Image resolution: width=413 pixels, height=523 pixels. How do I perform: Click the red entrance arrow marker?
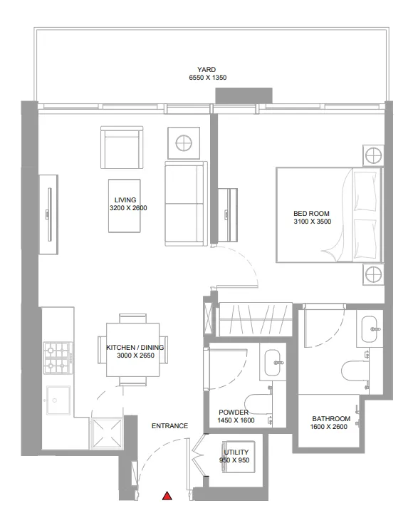coord(167,496)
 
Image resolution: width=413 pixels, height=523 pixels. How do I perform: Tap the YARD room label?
coord(206,69)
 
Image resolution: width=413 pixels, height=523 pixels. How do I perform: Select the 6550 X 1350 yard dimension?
coord(206,78)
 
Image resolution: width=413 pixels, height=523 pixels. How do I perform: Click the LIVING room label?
coord(125,200)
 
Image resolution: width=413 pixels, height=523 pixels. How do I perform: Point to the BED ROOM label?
coord(310,213)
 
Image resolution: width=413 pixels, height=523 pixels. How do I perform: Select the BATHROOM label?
coord(331,418)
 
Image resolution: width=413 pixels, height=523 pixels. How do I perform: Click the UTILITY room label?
coord(236,452)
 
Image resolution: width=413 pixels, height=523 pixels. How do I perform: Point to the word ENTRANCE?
coord(169,426)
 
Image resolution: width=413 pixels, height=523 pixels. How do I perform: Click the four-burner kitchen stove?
coord(58,358)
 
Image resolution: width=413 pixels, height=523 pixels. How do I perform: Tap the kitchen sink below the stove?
coord(58,400)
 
